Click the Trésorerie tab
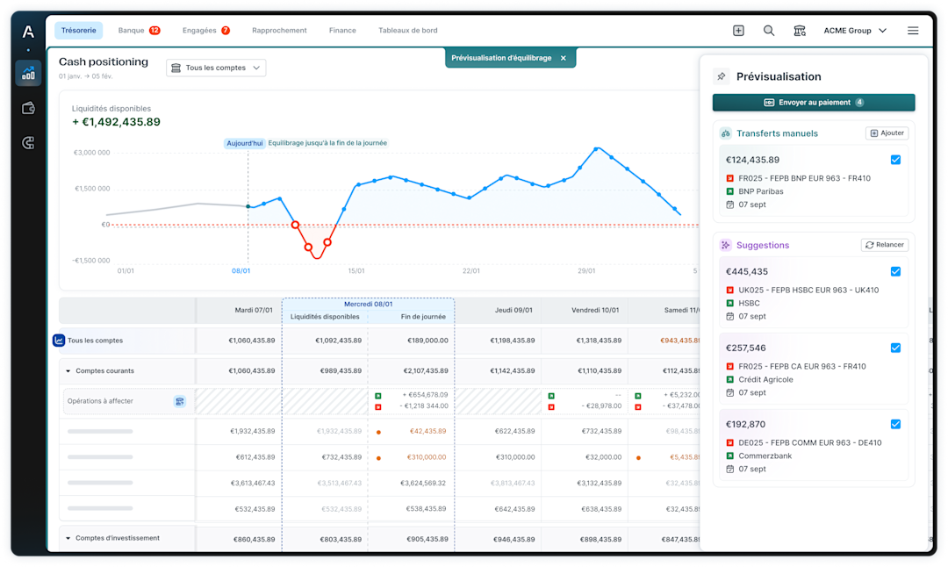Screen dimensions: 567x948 (x=78, y=31)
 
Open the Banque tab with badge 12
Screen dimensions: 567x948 (x=139, y=31)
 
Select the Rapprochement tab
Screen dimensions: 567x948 (x=279, y=31)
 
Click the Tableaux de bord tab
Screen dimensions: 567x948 (x=407, y=31)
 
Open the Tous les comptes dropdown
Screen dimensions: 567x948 (x=216, y=68)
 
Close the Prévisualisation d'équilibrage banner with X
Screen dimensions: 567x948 (x=564, y=58)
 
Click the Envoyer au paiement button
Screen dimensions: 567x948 (x=814, y=103)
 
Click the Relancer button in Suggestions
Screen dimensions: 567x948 (x=885, y=245)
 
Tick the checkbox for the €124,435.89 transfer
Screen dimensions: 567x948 (x=895, y=160)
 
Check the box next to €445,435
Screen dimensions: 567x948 (x=895, y=271)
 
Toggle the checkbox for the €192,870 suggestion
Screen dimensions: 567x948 (x=895, y=424)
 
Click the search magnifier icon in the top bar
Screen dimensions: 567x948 (x=769, y=31)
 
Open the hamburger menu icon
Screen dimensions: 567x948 (x=913, y=31)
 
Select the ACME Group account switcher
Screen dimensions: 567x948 (x=854, y=31)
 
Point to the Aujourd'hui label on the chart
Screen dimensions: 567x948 (x=245, y=143)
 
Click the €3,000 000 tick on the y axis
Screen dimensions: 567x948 (x=91, y=153)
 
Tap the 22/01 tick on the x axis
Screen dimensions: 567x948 (x=471, y=270)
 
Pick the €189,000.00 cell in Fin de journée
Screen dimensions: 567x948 (x=425, y=341)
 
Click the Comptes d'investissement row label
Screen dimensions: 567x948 (x=117, y=538)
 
